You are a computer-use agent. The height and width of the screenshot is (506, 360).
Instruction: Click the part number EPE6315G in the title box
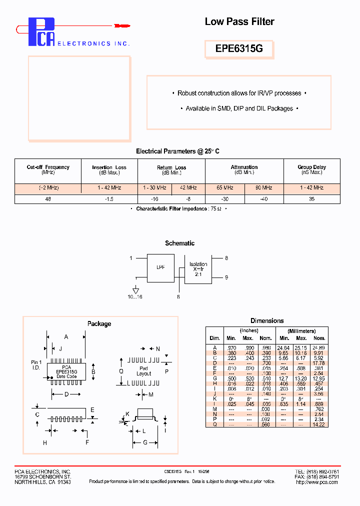click(x=239, y=49)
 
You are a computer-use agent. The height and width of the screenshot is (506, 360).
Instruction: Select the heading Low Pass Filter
click(x=239, y=21)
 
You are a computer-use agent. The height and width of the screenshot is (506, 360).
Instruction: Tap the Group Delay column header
click(x=311, y=169)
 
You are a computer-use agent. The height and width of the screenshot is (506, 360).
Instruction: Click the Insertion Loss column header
click(x=109, y=169)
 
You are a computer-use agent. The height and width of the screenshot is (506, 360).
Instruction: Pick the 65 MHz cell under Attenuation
click(x=224, y=188)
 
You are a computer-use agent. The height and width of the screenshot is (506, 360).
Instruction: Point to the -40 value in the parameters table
click(x=263, y=198)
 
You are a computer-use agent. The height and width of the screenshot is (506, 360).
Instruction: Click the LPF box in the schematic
click(x=160, y=267)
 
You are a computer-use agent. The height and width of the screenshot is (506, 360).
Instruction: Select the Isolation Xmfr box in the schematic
click(x=198, y=269)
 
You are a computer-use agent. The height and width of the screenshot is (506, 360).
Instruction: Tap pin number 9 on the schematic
click(x=226, y=277)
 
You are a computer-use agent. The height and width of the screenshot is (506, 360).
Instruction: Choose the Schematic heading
click(x=179, y=243)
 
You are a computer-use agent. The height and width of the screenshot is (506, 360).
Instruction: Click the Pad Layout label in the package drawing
click(x=143, y=371)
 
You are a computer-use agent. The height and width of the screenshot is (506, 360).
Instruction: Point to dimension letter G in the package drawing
click(x=145, y=442)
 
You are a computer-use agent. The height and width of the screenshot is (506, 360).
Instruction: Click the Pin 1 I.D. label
click(x=36, y=364)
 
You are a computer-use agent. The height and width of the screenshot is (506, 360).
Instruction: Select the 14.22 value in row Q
click(x=318, y=424)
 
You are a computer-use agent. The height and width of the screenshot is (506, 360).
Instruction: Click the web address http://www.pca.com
click(x=317, y=482)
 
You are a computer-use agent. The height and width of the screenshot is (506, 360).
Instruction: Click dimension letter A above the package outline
click(x=66, y=337)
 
